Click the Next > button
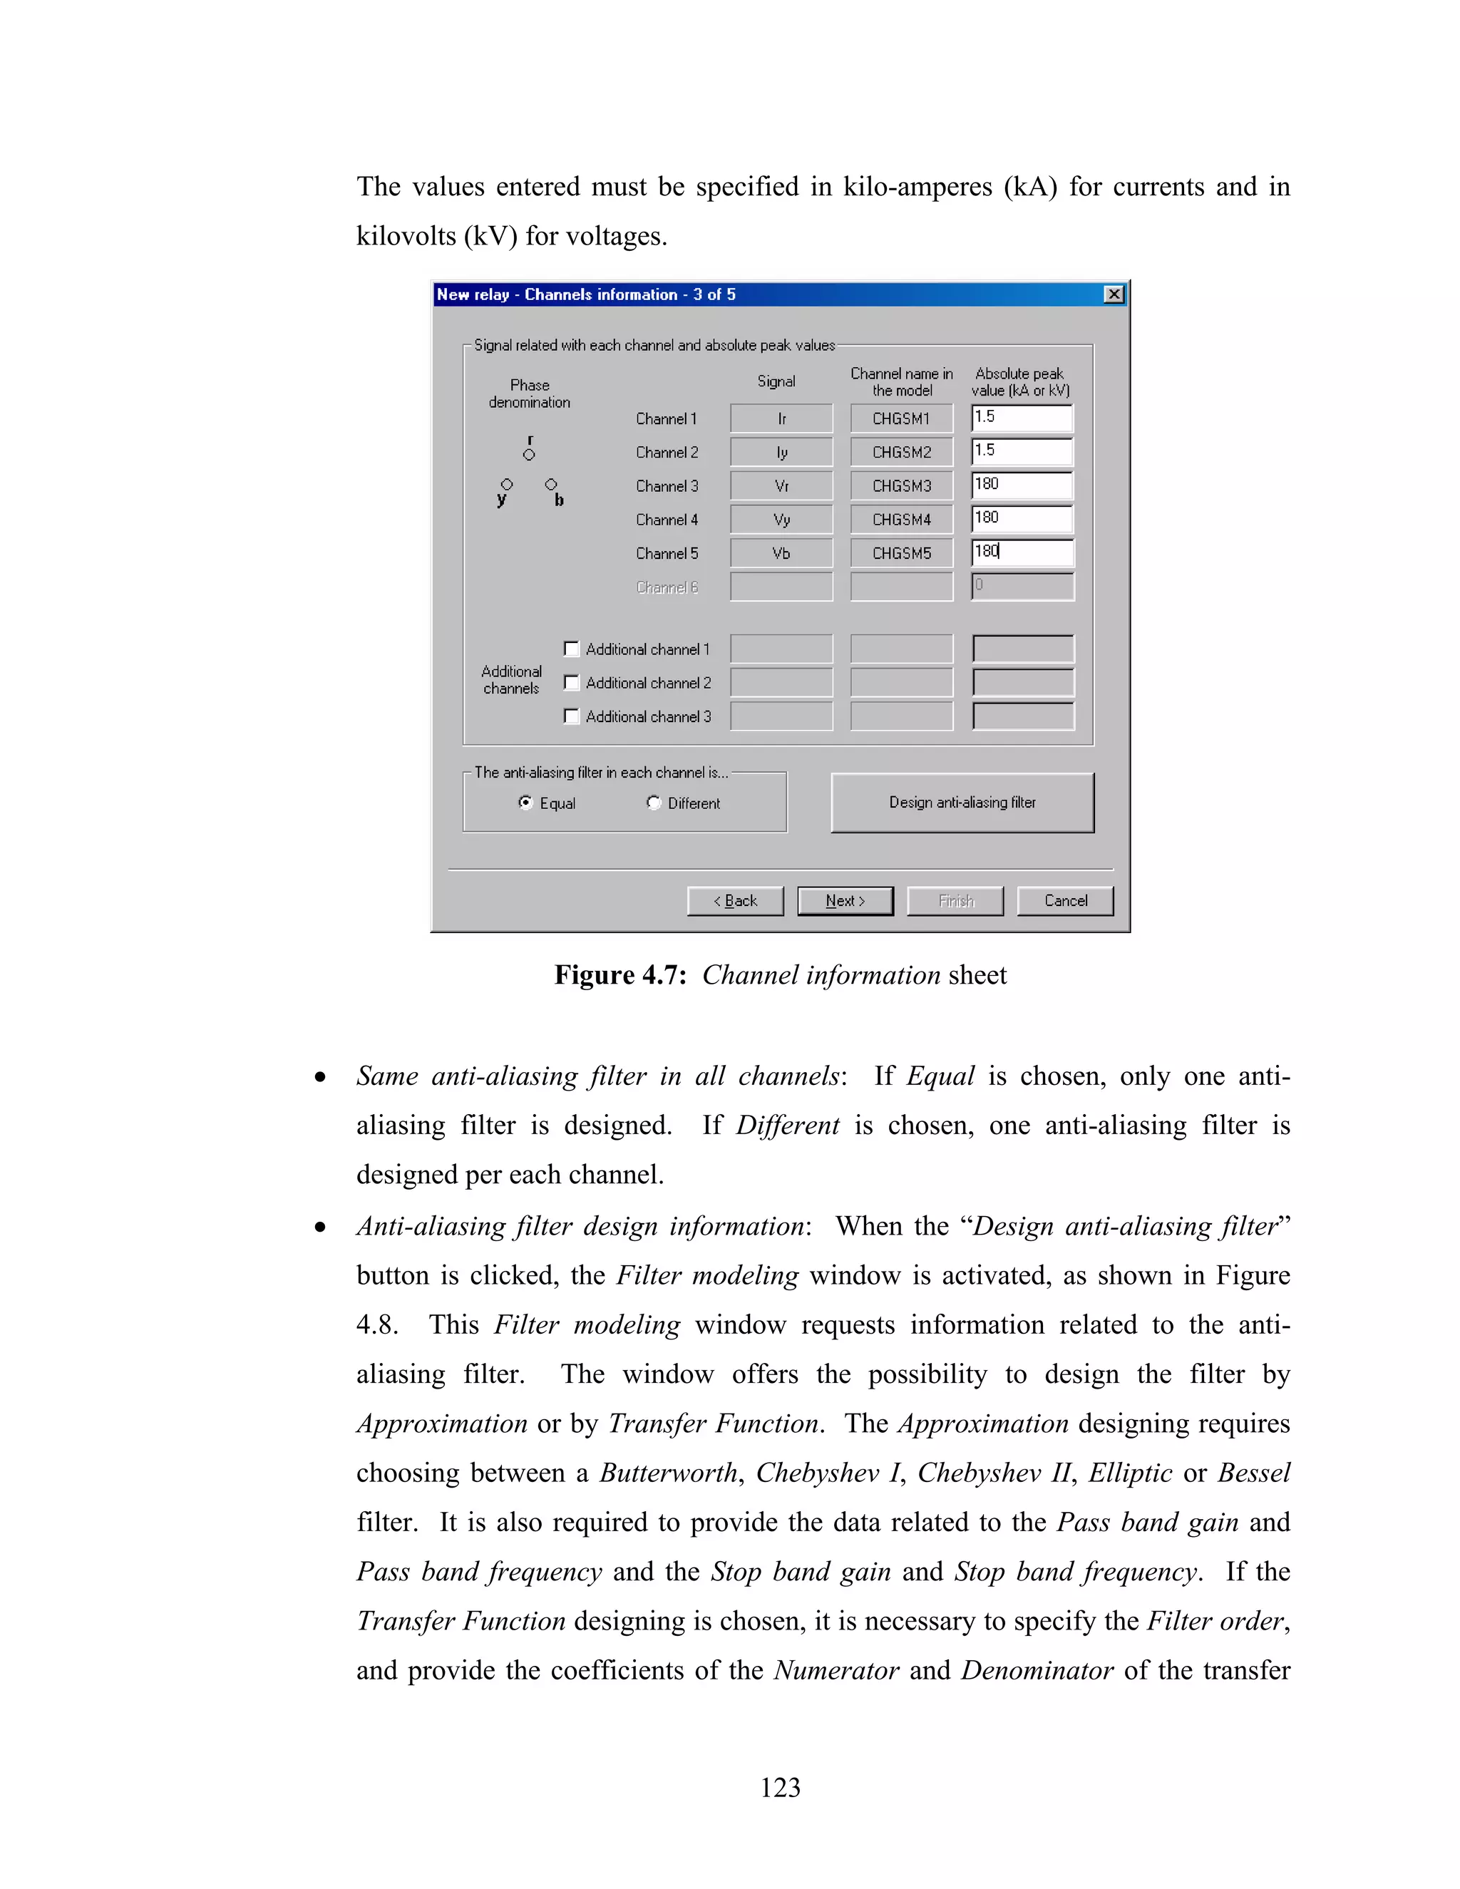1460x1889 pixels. click(x=845, y=900)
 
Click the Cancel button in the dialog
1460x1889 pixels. click(x=1065, y=900)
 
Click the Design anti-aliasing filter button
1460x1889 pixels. click(x=962, y=803)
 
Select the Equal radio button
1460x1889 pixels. click(x=525, y=803)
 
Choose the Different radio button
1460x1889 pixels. click(x=654, y=803)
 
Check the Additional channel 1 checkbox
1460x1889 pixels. click(x=571, y=649)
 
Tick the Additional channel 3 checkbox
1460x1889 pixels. click(x=571, y=716)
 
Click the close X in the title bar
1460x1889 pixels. click(x=1114, y=295)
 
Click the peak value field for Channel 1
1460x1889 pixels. click(x=1022, y=418)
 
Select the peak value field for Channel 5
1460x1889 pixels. click(x=1022, y=552)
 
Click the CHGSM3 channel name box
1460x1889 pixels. click(x=901, y=486)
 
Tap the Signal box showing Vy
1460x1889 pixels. click(x=781, y=520)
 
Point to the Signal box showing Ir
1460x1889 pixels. click(x=781, y=418)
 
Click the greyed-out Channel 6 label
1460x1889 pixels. click(x=667, y=587)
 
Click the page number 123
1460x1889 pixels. click(x=780, y=1788)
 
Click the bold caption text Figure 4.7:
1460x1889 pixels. click(x=620, y=974)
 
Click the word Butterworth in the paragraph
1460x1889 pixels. click(x=669, y=1473)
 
